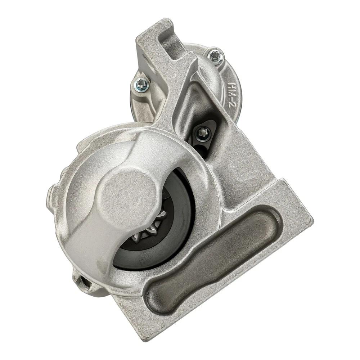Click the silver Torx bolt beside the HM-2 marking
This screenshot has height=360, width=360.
(215, 55)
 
